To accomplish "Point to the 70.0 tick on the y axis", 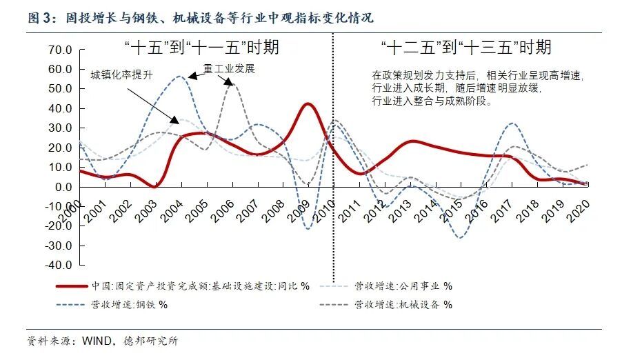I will coord(60,50).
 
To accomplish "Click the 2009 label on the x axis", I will coord(301,209).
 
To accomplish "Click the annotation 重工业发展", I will coord(229,69).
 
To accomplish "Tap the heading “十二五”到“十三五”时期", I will coord(466,48).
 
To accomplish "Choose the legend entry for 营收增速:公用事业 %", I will coord(403,286).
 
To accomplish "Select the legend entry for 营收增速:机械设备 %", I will coord(403,303).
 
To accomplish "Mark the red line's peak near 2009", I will coord(308,104).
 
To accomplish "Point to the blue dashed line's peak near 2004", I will coord(179,77).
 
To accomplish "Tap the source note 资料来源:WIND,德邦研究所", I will coord(102,341).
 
